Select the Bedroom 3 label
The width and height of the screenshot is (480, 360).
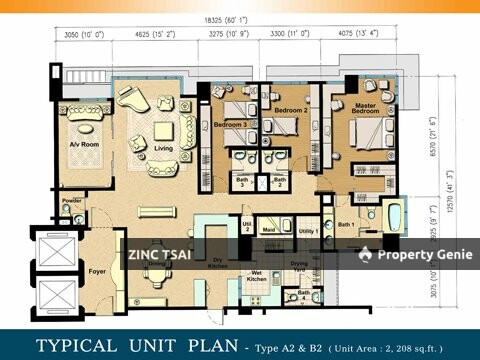pos(231,124)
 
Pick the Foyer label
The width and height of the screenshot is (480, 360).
pos(96,270)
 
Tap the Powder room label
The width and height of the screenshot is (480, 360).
pos(71,201)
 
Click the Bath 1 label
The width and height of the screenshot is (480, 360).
pos(346,225)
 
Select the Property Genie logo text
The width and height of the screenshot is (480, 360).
pos(413,255)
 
